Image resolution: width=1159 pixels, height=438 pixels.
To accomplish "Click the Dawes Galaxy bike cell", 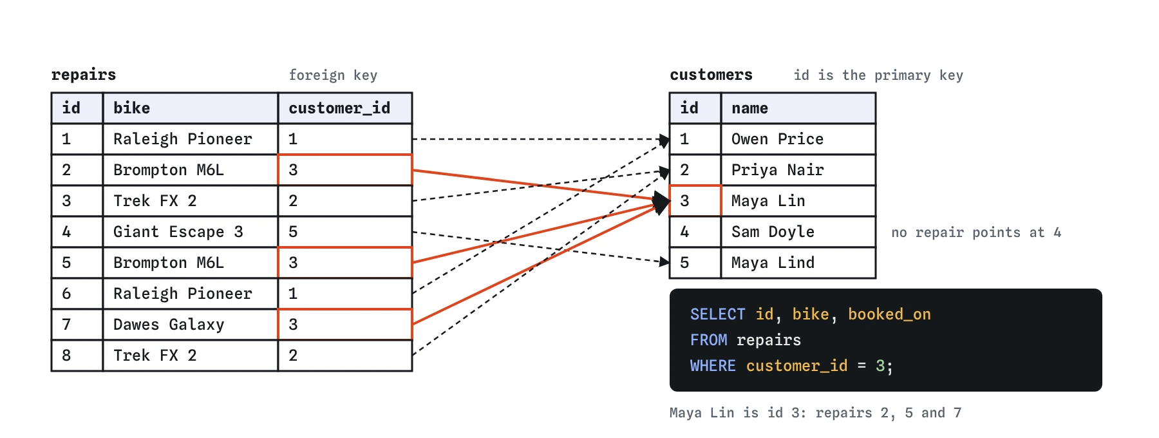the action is point(191,325).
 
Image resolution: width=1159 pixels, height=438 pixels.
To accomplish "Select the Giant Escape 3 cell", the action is point(191,232).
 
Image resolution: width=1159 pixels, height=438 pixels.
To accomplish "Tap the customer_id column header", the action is point(345,108).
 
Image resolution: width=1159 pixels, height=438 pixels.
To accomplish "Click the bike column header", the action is point(191,108).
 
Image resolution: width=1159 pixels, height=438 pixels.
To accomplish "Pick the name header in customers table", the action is point(798,108).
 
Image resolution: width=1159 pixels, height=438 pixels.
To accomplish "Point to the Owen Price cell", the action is point(798,139).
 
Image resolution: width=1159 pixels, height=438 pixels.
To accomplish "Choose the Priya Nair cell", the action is point(798,170).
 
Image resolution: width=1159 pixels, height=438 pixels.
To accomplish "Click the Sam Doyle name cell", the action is point(798,232).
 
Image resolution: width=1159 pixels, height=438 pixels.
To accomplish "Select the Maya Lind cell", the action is point(798,263).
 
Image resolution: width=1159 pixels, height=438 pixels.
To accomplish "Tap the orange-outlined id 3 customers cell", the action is point(695,201).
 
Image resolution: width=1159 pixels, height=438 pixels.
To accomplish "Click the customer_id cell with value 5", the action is point(345,232).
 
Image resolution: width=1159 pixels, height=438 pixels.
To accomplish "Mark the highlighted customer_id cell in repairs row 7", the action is point(345,325).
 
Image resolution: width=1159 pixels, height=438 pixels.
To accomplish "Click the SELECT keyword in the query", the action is point(717,314).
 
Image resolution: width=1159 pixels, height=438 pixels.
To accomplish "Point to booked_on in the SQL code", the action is point(889,314).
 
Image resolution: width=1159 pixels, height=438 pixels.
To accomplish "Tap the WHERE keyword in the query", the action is point(713,366).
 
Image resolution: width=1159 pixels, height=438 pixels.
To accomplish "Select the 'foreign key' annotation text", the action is point(333,75).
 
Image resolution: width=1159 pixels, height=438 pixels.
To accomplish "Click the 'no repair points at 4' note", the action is point(976,233).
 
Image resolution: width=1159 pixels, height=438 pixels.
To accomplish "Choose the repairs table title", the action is point(84,75).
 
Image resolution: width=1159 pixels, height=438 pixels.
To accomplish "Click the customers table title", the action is point(711,75).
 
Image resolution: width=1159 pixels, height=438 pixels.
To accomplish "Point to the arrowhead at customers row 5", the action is point(665,262).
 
